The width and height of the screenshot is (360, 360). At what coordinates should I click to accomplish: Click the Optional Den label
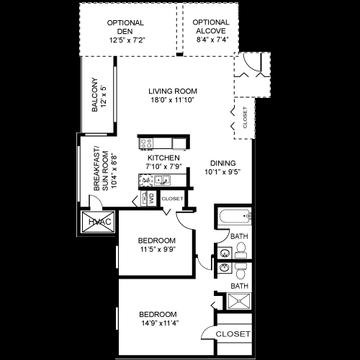(x=125, y=23)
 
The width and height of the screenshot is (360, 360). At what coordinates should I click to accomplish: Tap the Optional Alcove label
(x=211, y=23)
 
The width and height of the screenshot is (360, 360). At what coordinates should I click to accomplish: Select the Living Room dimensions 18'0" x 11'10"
(x=172, y=102)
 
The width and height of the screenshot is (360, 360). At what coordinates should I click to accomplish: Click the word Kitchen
(x=163, y=157)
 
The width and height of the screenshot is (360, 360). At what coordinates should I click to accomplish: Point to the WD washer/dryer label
(x=152, y=197)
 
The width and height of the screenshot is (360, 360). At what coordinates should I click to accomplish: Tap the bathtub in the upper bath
(x=234, y=215)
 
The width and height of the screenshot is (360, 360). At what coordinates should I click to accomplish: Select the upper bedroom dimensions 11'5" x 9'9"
(x=156, y=250)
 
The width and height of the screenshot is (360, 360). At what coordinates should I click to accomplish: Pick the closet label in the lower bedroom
(x=233, y=335)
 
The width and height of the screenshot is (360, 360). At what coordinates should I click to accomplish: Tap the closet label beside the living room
(x=245, y=117)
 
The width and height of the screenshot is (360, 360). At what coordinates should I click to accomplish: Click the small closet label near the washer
(x=173, y=198)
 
